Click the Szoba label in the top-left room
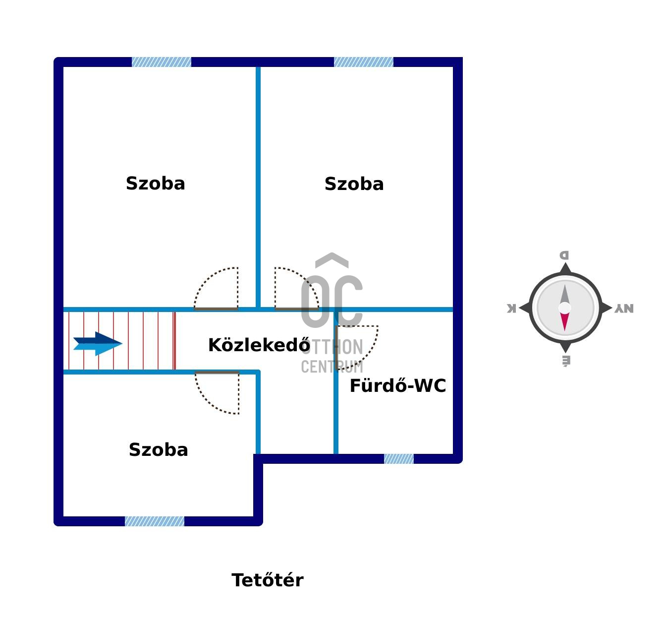(x=156, y=184)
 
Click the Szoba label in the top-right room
(x=354, y=184)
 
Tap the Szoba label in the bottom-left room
(x=158, y=450)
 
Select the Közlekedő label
(x=259, y=345)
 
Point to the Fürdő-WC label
(x=397, y=386)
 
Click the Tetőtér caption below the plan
(x=267, y=580)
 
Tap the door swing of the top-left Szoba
(x=219, y=290)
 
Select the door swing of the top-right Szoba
(x=294, y=290)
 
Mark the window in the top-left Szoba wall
(x=162, y=62)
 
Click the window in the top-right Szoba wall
(x=364, y=62)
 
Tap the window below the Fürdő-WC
(x=399, y=459)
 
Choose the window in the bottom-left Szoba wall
(x=155, y=521)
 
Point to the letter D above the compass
(x=564, y=255)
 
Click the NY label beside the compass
(x=624, y=309)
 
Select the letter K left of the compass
(x=511, y=309)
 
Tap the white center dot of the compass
(x=564, y=308)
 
